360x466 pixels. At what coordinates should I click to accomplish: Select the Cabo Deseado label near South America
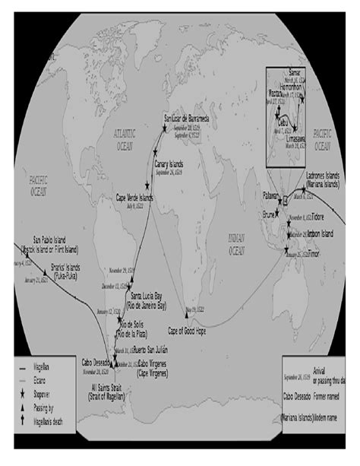coord(98,363)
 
